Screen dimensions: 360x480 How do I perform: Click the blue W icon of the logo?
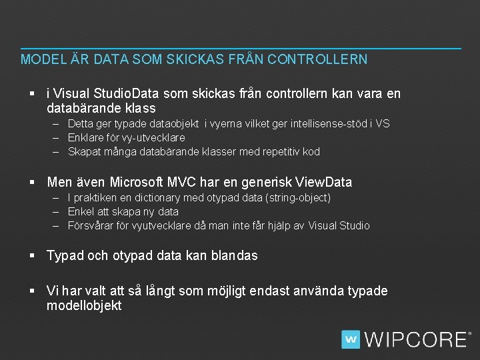[x=351, y=339]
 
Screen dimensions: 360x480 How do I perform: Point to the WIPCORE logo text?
[x=415, y=339]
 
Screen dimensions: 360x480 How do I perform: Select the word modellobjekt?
[x=84, y=305]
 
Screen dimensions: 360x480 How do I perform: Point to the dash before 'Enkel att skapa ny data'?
[x=59, y=211]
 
